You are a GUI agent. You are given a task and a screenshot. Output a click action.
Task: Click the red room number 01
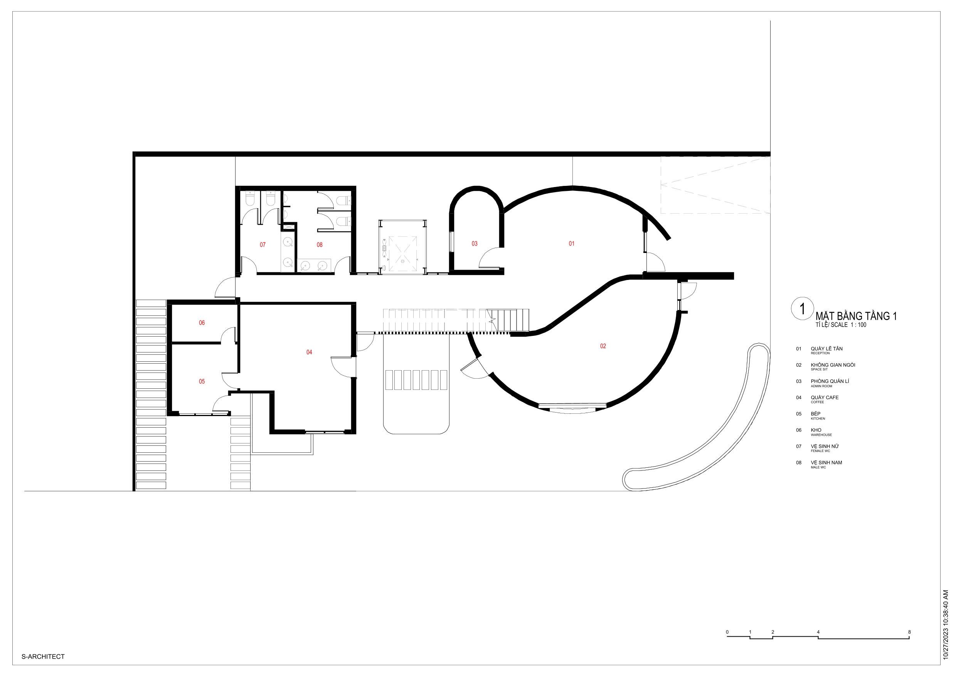[571, 244]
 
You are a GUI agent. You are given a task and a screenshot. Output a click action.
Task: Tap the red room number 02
[603, 346]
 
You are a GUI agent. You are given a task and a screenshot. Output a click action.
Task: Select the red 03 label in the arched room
[474, 244]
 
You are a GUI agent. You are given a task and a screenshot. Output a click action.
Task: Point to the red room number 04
[309, 352]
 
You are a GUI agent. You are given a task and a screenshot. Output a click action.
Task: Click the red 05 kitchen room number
[202, 381]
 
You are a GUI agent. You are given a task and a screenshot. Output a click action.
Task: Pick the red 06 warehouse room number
[202, 323]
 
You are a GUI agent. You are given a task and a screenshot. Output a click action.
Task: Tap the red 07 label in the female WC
[262, 245]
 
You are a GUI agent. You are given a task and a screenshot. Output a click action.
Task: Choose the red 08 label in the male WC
[319, 245]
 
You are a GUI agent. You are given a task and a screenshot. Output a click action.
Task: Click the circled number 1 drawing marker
[802, 308]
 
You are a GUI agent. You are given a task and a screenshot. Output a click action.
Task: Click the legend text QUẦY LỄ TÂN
[826, 349]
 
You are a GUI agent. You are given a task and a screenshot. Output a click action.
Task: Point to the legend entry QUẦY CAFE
[825, 397]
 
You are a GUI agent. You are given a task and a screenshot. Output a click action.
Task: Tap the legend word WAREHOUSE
[821, 435]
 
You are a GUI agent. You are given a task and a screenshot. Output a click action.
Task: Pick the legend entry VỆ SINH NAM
[826, 462]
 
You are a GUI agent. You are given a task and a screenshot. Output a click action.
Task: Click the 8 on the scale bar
[909, 632]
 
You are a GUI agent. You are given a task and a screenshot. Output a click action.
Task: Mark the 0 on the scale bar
[727, 632]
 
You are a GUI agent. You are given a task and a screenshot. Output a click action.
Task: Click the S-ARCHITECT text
[43, 657]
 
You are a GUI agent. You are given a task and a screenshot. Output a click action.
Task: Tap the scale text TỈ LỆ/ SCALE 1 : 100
[841, 325]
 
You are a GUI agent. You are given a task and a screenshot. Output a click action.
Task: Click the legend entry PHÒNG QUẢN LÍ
[830, 381]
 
